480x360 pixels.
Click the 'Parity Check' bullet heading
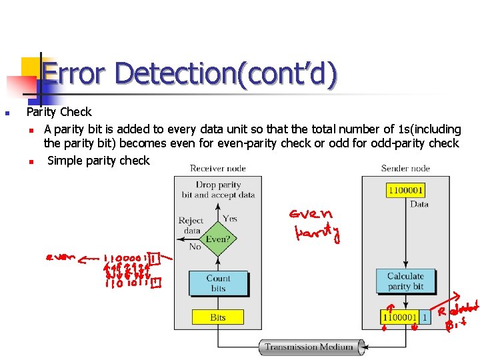pos(59,112)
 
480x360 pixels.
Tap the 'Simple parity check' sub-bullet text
pos(99,160)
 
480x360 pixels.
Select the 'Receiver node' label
pos(218,168)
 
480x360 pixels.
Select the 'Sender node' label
pos(405,168)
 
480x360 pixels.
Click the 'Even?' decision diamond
pos(218,238)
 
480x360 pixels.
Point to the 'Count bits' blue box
pos(218,283)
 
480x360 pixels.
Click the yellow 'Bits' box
pos(218,317)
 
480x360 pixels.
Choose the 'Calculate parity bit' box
pos(405,281)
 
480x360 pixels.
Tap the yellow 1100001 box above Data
pos(405,190)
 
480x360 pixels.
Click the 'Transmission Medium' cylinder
pos(311,347)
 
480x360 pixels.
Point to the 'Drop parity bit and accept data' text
pos(218,190)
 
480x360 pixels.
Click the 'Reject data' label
pos(191,225)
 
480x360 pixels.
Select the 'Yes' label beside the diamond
pos(230,219)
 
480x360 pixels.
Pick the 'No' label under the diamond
pos(195,246)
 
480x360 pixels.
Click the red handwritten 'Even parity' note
pos(315,225)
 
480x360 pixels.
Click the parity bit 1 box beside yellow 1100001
pos(425,318)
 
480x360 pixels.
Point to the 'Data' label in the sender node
pos(419,204)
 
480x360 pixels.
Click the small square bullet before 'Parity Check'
pos(6,113)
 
